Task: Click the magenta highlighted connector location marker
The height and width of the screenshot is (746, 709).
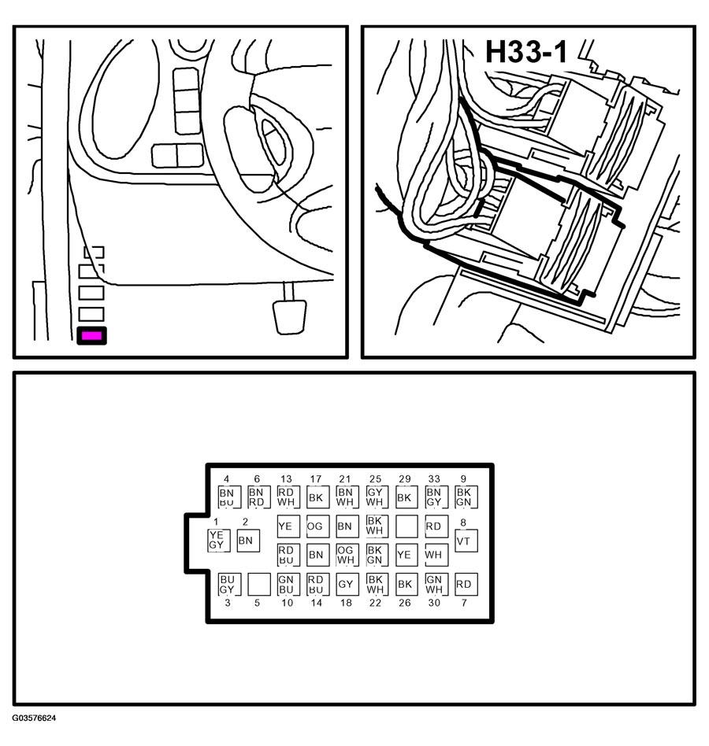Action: point(91,336)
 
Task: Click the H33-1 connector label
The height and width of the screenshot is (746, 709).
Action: point(525,52)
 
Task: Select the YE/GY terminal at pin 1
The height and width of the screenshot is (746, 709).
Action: point(217,540)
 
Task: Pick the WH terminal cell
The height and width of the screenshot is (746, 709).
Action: point(435,555)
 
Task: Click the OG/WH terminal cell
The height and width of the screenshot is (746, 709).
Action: point(345,555)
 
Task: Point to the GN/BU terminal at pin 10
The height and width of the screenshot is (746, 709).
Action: point(286,584)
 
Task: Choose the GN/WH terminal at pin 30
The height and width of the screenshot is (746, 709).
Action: point(435,584)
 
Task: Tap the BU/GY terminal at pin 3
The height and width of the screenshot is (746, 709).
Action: point(228,584)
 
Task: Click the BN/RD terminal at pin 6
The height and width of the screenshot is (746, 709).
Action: point(257,497)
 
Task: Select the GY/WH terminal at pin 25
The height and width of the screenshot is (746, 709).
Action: point(375,497)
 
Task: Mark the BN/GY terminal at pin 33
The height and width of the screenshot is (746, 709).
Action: point(435,497)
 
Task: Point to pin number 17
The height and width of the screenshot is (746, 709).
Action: point(316,479)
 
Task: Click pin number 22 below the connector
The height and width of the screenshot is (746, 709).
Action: point(375,603)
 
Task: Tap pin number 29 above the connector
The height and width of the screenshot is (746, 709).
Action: point(405,479)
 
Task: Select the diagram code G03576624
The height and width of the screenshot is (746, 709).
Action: point(34,718)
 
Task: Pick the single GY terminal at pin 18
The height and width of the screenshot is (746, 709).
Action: point(345,584)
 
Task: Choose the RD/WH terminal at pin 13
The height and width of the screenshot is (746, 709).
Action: point(286,497)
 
